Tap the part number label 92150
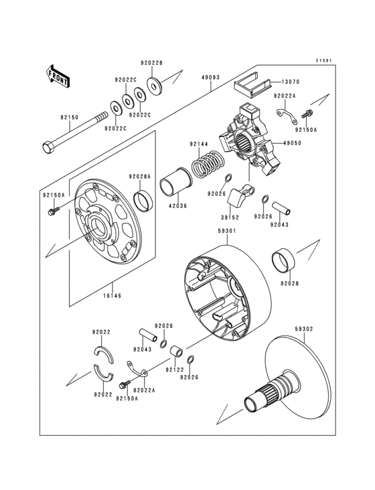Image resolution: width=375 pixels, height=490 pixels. [x=69, y=118]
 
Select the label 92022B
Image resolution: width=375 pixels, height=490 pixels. [x=151, y=64]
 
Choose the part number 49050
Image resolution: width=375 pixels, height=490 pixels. [x=292, y=143]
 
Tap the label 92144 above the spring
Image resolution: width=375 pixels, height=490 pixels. [x=199, y=144]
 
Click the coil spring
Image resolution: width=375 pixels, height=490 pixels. [x=208, y=165]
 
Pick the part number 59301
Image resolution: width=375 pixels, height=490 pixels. [x=226, y=230]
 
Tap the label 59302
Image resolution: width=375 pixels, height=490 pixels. [x=304, y=329]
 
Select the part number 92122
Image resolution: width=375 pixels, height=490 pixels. [x=175, y=369]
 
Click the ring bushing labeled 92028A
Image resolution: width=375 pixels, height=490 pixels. [x=143, y=199]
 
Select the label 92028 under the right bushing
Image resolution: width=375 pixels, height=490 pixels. [x=289, y=284]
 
